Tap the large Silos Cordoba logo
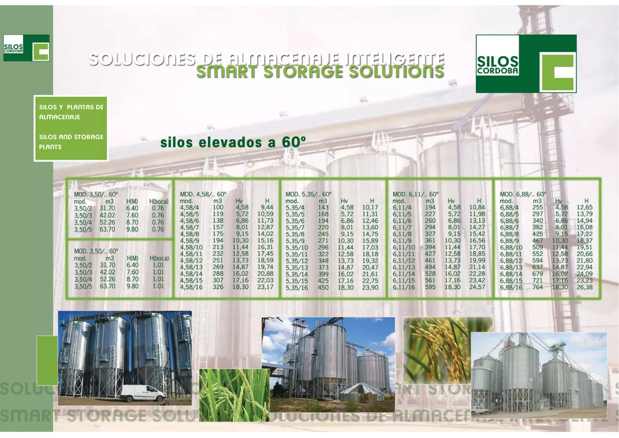526,64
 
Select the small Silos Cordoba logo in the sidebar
26,48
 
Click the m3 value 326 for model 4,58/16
218,287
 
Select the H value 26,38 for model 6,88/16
584,287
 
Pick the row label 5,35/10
297,248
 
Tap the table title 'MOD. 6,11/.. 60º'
415,194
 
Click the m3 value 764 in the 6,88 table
537,287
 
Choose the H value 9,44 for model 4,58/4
267,208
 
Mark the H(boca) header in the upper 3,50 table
159,201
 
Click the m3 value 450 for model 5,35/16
323,287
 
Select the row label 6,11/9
402,241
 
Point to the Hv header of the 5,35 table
344,201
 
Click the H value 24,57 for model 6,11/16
477,287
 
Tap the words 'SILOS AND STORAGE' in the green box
71,137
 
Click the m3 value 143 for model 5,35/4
323,208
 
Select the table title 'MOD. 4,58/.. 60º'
203,194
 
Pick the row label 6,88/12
511,261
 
